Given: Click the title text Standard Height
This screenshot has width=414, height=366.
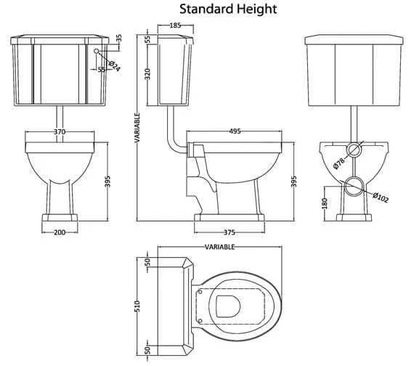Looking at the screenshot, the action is click(228, 9).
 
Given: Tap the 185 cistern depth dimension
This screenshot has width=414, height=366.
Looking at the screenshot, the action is click(175, 25).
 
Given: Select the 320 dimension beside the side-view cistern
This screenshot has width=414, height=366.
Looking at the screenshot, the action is click(147, 74).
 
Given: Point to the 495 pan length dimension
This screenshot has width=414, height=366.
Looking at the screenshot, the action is click(235, 131).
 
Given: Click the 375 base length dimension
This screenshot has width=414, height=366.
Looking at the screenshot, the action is click(230, 232).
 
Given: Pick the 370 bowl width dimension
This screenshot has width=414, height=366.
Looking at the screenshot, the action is click(60, 131).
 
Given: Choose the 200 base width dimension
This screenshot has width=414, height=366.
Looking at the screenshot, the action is click(60, 232).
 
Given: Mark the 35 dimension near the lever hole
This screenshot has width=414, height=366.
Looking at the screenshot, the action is click(119, 38).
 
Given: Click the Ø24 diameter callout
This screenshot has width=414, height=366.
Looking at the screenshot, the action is click(114, 66).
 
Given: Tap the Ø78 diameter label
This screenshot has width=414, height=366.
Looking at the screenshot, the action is click(338, 163).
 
